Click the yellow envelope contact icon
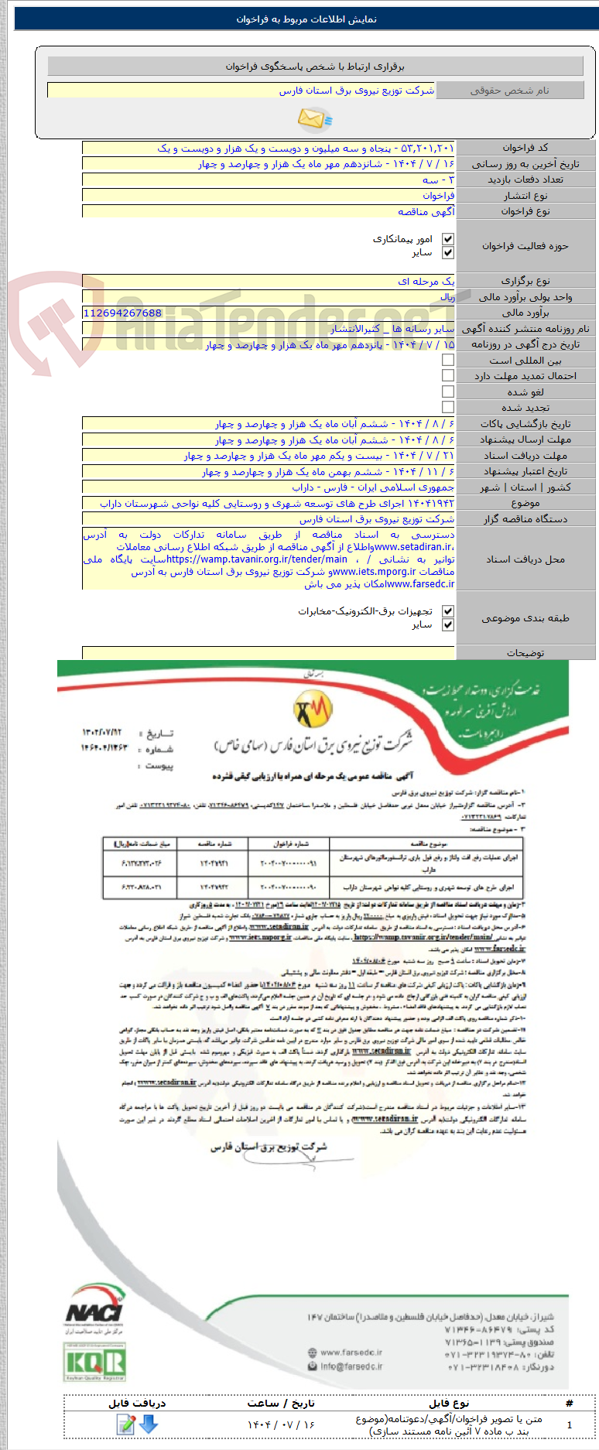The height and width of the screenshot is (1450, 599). [x=314, y=118]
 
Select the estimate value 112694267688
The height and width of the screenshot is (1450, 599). [x=122, y=313]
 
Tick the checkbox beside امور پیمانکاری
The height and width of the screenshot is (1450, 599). [x=448, y=239]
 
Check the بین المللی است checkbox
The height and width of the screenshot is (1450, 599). [x=448, y=360]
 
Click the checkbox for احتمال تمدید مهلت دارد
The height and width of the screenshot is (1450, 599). [x=448, y=375]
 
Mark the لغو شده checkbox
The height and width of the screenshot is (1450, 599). [x=448, y=392]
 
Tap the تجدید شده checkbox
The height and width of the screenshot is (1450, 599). [x=448, y=407]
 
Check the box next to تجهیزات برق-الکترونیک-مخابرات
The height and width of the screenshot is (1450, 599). [x=448, y=611]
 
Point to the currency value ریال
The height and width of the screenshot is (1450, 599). [x=447, y=296]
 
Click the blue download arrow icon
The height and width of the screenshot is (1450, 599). [x=148, y=1424]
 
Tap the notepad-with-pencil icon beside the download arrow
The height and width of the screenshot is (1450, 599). [x=125, y=1424]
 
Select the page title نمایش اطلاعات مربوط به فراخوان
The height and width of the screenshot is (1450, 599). [x=306, y=19]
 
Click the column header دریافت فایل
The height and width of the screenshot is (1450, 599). [x=137, y=1403]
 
